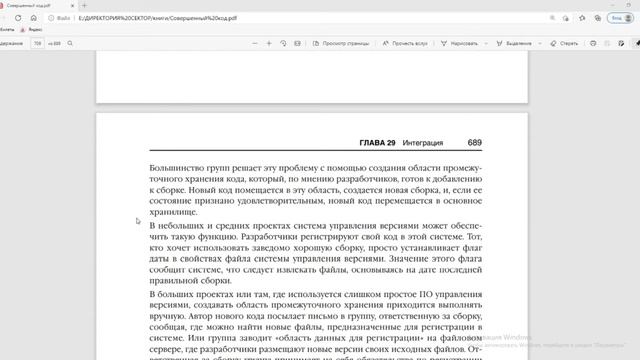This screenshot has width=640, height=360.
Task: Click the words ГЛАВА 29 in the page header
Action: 373,143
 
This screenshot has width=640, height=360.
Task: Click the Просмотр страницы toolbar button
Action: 342,44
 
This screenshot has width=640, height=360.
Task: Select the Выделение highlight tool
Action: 515,44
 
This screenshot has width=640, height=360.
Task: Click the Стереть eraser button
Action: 565,44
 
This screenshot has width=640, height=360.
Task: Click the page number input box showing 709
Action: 38,44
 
